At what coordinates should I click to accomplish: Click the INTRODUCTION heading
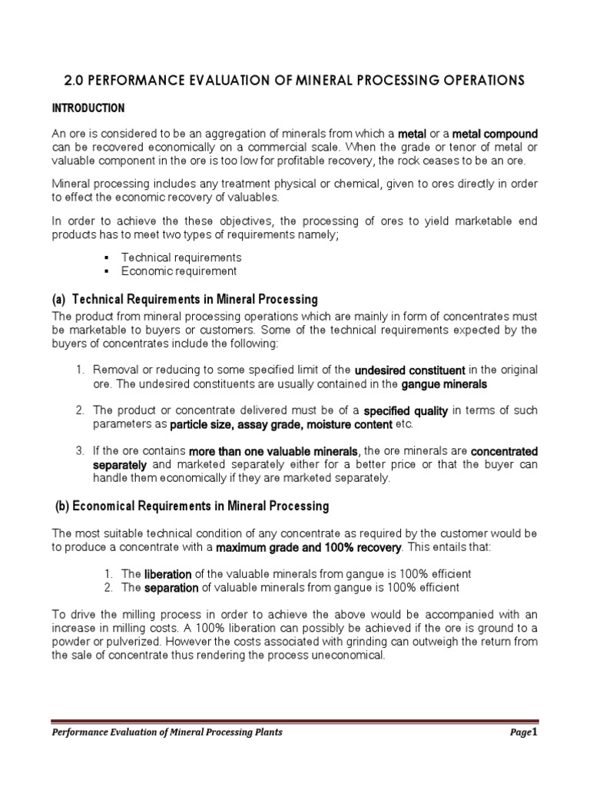(x=88, y=108)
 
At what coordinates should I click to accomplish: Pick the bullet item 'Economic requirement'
(x=179, y=271)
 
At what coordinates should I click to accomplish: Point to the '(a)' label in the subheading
(x=59, y=299)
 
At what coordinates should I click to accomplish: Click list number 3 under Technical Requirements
(x=80, y=450)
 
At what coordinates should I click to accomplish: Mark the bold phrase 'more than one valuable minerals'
(x=273, y=450)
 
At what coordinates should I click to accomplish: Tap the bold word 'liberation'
(x=169, y=574)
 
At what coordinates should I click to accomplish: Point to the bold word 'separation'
(x=172, y=587)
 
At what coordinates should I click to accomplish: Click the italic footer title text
(x=167, y=732)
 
